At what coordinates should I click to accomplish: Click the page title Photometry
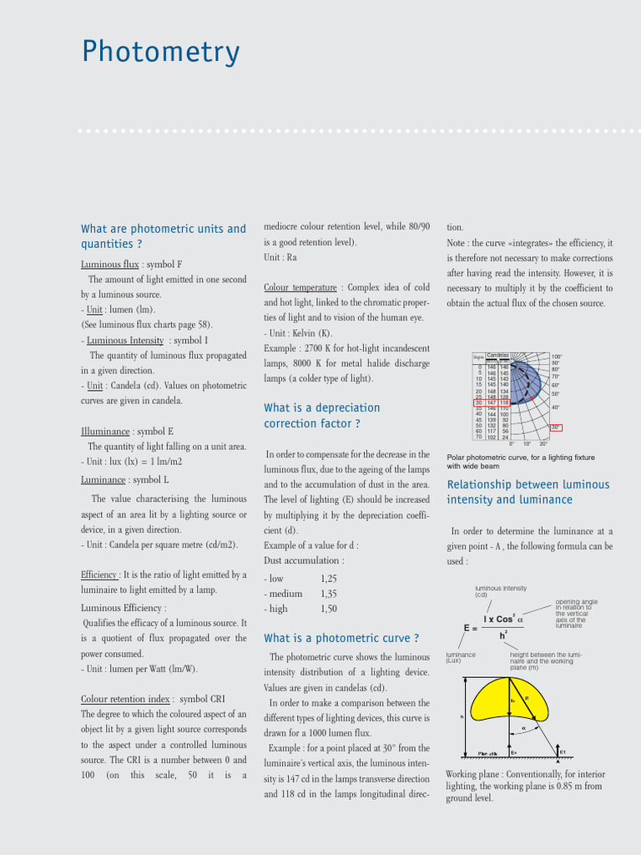(160, 53)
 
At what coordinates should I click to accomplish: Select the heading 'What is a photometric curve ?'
(341, 638)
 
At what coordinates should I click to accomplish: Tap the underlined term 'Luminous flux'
(109, 265)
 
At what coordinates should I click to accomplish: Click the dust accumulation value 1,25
(329, 579)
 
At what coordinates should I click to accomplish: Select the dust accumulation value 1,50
(329, 609)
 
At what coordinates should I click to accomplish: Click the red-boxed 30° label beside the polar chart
(557, 427)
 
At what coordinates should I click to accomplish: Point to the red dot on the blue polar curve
(532, 399)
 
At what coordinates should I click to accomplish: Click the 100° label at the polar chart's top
(557, 357)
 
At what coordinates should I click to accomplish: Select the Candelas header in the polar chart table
(497, 355)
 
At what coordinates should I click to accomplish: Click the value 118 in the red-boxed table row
(504, 402)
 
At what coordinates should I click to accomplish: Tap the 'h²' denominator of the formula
(503, 635)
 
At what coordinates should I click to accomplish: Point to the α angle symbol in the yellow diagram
(523, 726)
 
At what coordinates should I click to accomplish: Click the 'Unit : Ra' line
(280, 257)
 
